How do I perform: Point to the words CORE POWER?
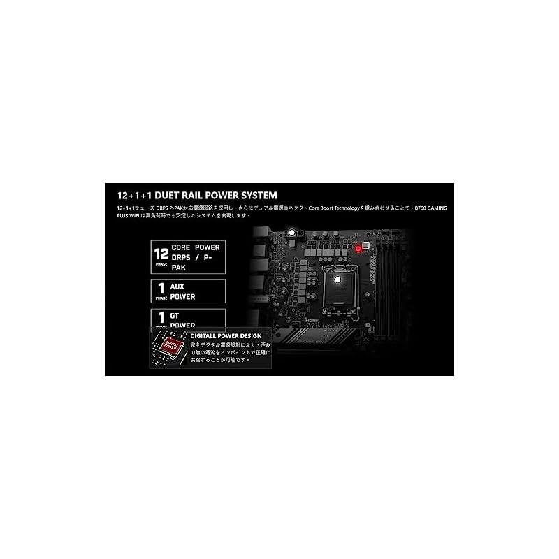click(x=195, y=247)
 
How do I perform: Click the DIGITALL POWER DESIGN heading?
click(x=226, y=335)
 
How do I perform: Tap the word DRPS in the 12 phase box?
click(x=184, y=257)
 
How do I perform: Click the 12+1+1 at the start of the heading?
click(x=129, y=195)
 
